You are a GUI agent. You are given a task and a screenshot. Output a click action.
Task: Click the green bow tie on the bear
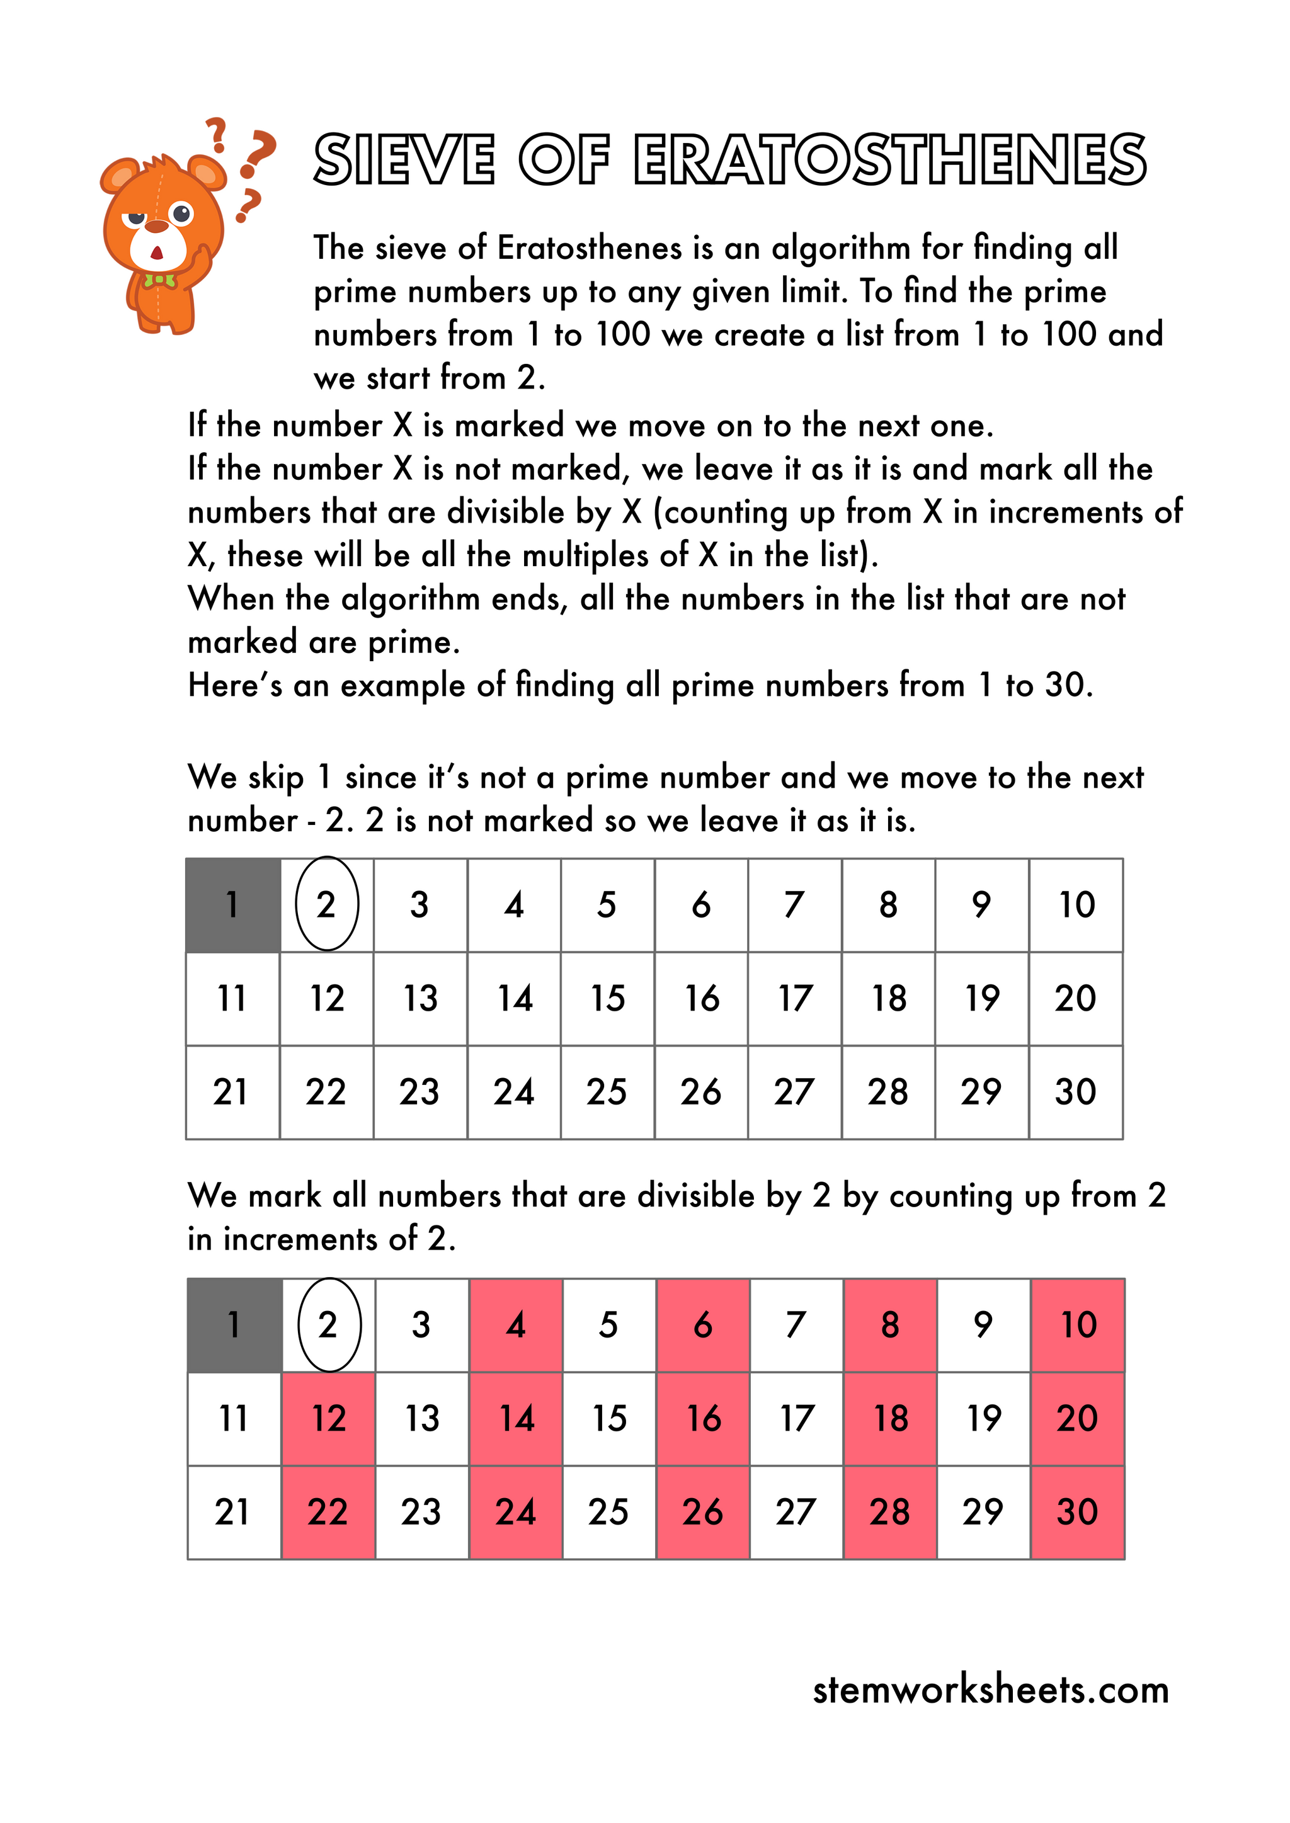[159, 280]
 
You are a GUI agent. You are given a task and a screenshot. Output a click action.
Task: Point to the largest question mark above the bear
[258, 153]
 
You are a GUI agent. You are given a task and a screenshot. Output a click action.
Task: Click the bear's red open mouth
[156, 253]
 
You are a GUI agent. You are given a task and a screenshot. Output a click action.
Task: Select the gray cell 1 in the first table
[232, 904]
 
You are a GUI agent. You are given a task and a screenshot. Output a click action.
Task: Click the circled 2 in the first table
[326, 904]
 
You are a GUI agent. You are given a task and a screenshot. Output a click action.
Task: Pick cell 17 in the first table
[794, 998]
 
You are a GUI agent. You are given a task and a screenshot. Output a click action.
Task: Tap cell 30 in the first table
[1076, 1092]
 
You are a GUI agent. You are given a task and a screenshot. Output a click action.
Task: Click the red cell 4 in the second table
[515, 1325]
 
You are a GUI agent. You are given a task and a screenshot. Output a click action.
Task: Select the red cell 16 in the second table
[703, 1419]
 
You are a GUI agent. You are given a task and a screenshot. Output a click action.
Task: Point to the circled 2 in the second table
[329, 1325]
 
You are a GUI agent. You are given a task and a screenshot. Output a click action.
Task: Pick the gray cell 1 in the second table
[234, 1325]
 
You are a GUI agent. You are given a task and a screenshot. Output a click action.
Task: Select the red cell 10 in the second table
[1078, 1325]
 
